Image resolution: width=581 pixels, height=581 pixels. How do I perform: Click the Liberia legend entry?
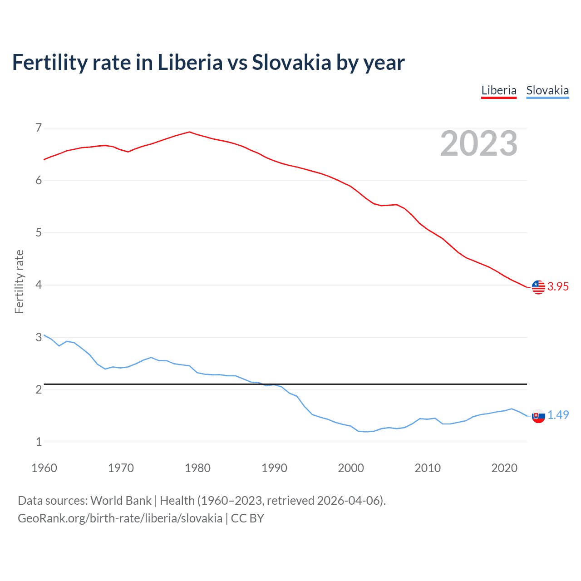(x=499, y=90)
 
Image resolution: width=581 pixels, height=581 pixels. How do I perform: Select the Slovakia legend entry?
(x=547, y=90)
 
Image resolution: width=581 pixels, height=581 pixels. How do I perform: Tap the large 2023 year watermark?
(x=479, y=143)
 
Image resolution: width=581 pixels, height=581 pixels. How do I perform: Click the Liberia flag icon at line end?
(x=538, y=287)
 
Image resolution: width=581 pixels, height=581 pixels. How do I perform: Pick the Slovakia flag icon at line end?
(x=538, y=416)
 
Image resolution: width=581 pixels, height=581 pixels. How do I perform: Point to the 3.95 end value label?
(x=558, y=286)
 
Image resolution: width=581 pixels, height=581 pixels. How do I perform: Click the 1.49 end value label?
(x=558, y=415)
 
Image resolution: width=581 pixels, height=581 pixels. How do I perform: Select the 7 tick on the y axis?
(x=39, y=128)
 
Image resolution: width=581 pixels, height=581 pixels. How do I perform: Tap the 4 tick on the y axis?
(x=39, y=285)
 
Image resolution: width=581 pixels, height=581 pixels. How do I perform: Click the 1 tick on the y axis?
(x=39, y=442)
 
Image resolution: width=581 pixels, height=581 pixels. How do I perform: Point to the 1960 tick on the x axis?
(x=44, y=468)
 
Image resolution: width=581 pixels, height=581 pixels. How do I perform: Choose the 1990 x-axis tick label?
(x=274, y=468)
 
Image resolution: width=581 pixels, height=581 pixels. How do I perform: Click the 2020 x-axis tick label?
(x=504, y=468)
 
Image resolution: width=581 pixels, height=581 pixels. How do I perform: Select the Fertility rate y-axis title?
(x=19, y=281)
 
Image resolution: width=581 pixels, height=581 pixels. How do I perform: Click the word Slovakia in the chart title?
(x=292, y=63)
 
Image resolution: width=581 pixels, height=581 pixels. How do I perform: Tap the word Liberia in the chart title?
(x=190, y=63)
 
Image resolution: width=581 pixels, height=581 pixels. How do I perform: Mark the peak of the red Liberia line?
(x=189, y=132)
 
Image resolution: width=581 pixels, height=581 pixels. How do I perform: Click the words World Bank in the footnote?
(x=121, y=501)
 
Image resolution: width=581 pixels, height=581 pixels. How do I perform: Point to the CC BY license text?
(x=247, y=518)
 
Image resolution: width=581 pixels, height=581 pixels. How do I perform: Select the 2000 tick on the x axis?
(x=351, y=468)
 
